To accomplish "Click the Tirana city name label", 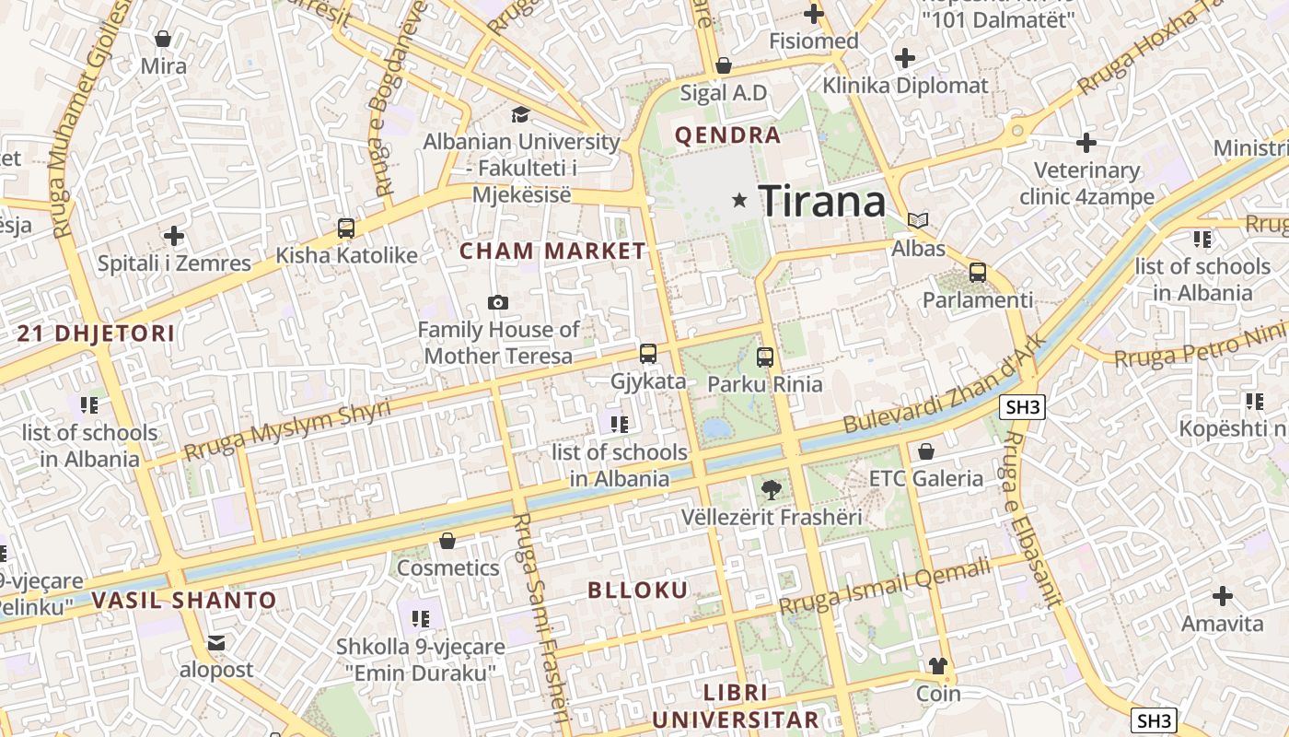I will [x=822, y=200].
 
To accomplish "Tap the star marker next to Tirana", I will [x=738, y=200].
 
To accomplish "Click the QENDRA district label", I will [x=727, y=135].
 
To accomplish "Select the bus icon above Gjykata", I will [x=648, y=354].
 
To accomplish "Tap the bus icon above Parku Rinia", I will [x=765, y=357].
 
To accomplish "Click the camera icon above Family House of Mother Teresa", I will [x=498, y=302].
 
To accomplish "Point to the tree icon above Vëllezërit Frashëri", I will [x=772, y=490].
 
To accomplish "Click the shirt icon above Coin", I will [x=938, y=666].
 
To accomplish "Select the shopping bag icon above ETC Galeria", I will [x=926, y=451].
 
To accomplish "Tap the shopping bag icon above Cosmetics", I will [x=447, y=541].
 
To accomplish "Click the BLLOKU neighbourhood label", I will [x=638, y=591].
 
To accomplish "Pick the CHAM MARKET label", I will [x=552, y=251].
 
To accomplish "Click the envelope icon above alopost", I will [x=216, y=643].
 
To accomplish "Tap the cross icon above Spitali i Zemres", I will [x=173, y=236].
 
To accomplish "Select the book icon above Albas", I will [x=918, y=221].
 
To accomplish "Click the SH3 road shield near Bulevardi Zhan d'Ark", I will [x=1023, y=407].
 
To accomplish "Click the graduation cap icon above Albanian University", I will [x=521, y=115].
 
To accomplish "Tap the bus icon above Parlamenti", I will [x=978, y=273].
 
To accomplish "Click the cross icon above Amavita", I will [x=1223, y=596].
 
